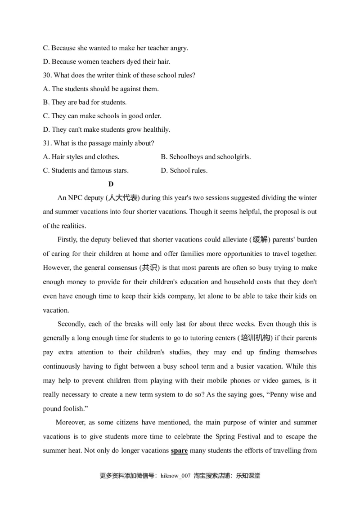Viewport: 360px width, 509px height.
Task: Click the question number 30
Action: (47, 75)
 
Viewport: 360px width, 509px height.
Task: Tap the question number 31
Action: (47, 143)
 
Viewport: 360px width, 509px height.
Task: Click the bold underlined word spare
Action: (179, 451)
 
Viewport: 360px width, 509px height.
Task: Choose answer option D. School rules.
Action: (184, 170)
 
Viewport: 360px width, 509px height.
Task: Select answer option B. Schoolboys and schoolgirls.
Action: (206, 157)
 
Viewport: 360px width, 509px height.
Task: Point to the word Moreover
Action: (70, 423)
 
